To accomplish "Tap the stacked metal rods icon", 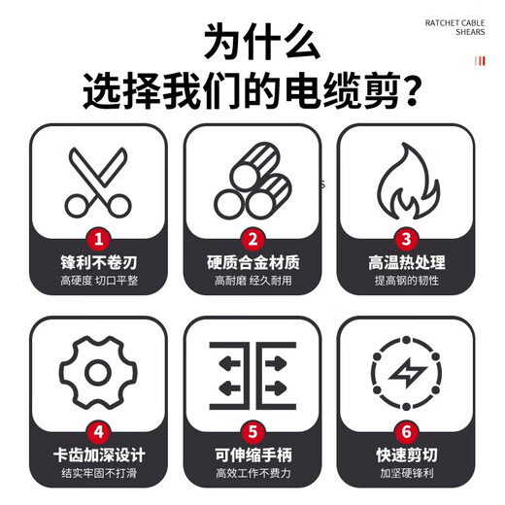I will [252, 183].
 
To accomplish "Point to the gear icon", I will [97, 372].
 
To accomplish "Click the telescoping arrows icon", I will [252, 372].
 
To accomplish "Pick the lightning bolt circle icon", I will [406, 373].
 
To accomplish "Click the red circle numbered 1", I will [97, 238].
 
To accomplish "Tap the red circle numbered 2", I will [252, 238].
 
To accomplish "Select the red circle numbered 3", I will [406, 238].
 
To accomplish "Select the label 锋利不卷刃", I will [97, 262].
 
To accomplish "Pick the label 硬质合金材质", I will [252, 262].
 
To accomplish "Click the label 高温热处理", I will [406, 262].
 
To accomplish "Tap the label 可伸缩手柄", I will [252, 453].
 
